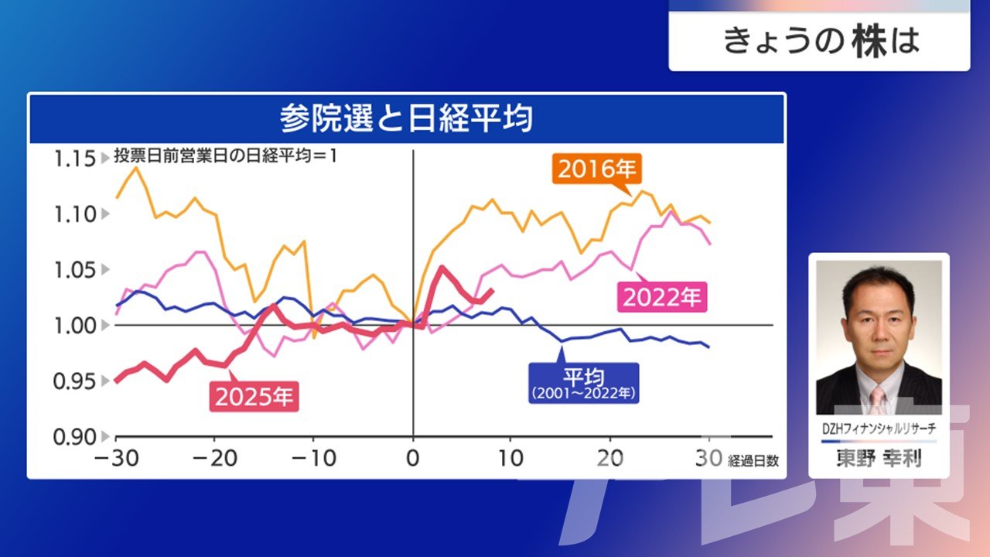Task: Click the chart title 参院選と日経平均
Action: (406, 120)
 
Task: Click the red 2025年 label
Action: (254, 397)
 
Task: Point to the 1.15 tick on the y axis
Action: (73, 159)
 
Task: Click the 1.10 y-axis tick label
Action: (73, 214)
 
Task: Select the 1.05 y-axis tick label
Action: (73, 270)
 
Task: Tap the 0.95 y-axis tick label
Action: (73, 381)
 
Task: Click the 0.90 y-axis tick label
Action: (73, 436)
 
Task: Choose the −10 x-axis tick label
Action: (313, 458)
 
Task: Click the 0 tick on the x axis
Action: (413, 458)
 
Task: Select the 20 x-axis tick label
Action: (611, 458)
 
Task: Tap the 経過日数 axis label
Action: (753, 461)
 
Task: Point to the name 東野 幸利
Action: (879, 459)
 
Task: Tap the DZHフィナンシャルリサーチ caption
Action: (879, 429)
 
